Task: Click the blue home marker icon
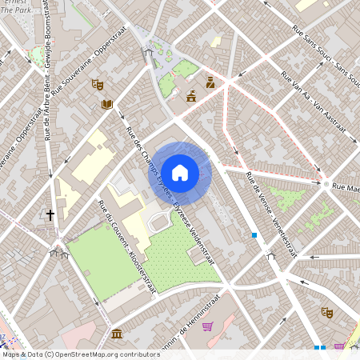(180, 172)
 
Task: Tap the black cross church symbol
(50, 214)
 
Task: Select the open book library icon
(107, 104)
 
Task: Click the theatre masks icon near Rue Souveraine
(98, 83)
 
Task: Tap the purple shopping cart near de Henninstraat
(208, 326)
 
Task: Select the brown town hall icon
(191, 97)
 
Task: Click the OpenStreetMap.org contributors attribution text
(104, 354)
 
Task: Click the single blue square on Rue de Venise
(254, 235)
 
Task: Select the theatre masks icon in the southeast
(326, 312)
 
